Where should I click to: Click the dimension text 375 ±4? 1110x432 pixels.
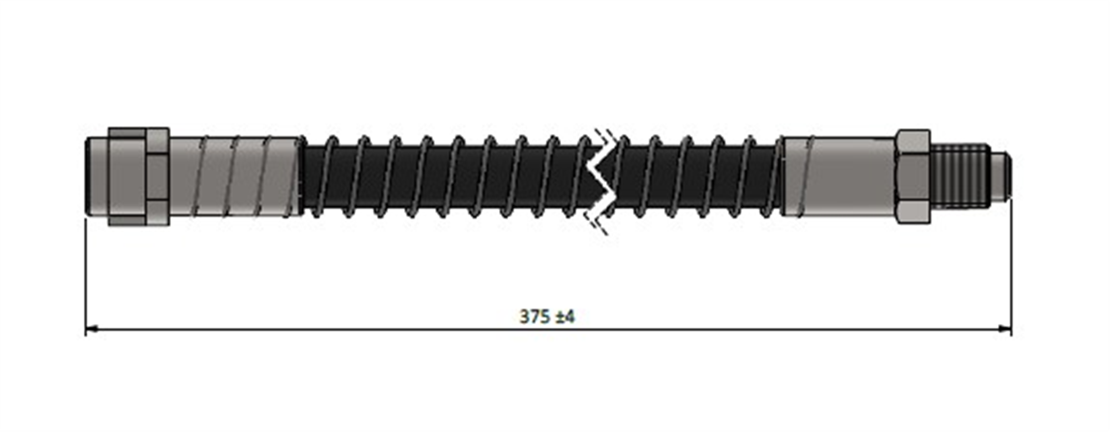click(547, 317)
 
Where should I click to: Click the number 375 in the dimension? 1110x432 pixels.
click(534, 317)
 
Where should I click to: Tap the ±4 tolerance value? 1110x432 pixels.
click(565, 317)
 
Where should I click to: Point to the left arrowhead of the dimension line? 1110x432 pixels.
click(92, 329)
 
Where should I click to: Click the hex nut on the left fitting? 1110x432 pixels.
click(139, 176)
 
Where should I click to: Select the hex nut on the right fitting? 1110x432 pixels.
click(913, 176)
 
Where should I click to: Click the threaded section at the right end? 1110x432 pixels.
click(960, 176)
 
